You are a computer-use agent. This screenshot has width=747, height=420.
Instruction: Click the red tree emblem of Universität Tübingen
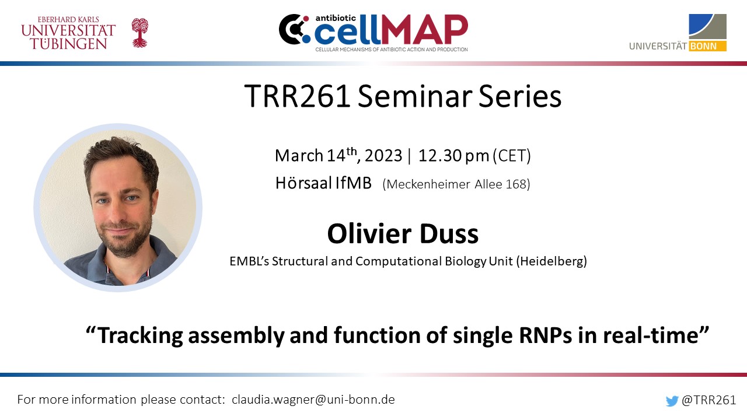pyautogui.click(x=139, y=33)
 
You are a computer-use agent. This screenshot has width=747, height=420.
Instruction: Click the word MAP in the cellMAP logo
pyautogui.click(x=424, y=29)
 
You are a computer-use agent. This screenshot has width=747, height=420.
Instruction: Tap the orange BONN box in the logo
pyautogui.click(x=707, y=46)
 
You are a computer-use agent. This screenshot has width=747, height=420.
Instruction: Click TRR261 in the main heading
pyautogui.click(x=297, y=96)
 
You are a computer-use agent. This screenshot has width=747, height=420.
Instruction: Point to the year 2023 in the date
pyautogui.click(x=383, y=156)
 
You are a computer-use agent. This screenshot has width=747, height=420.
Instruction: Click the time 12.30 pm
pyautogui.click(x=453, y=156)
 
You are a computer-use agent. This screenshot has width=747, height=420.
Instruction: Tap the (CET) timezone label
pyautogui.click(x=512, y=156)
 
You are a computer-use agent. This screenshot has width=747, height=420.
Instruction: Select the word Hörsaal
pyautogui.click(x=303, y=183)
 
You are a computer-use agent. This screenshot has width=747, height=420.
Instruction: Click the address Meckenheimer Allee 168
pyautogui.click(x=456, y=184)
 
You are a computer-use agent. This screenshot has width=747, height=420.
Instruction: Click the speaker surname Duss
pyautogui.click(x=449, y=234)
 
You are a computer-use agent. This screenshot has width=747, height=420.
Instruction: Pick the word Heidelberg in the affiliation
pyautogui.click(x=551, y=261)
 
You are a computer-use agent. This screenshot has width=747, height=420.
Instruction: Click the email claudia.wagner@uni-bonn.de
pyautogui.click(x=313, y=400)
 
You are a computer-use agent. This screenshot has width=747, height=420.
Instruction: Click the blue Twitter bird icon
pyautogui.click(x=672, y=401)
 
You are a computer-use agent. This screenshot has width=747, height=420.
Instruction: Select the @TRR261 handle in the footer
pyautogui.click(x=708, y=400)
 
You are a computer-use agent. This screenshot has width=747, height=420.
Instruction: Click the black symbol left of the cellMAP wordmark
pyautogui.click(x=294, y=29)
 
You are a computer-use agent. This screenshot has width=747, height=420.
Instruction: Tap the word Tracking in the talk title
pyautogui.click(x=141, y=335)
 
